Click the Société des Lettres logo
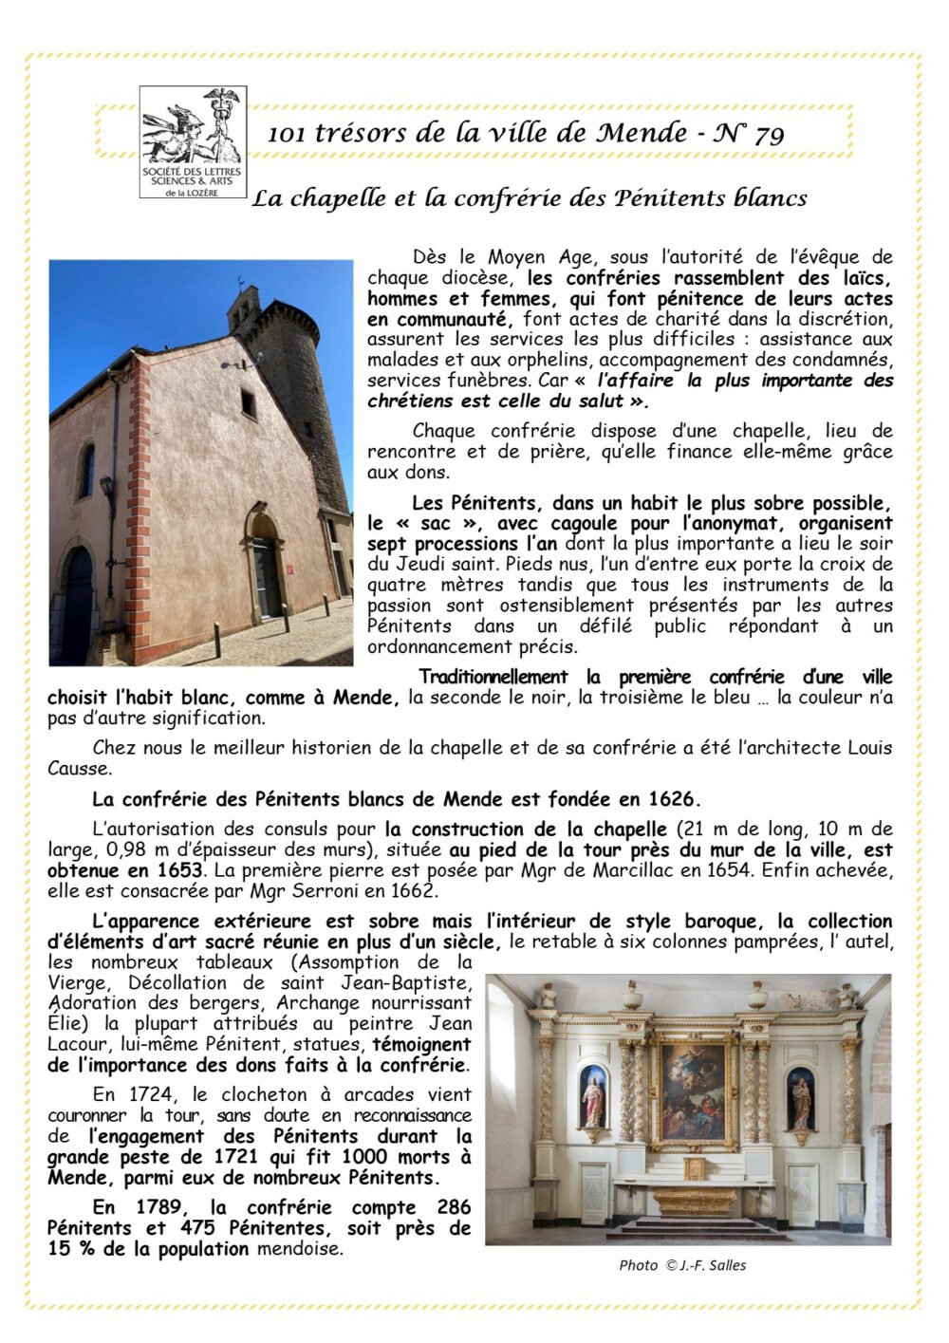coord(193,142)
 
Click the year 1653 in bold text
coord(180,870)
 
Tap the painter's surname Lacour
coord(80,1044)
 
